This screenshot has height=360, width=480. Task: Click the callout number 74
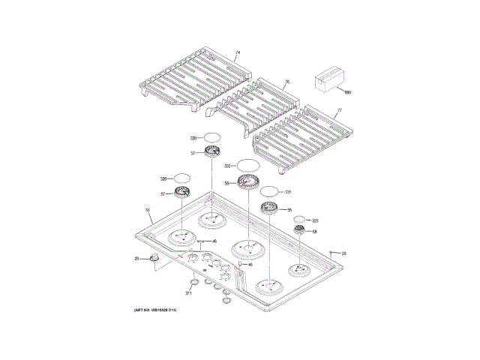pyautogui.click(x=237, y=53)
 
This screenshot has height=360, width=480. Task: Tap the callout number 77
pyautogui.click(x=339, y=110)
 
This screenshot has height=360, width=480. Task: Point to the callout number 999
pyautogui.click(x=347, y=91)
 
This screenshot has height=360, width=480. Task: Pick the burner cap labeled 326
pyautogui.click(x=213, y=138)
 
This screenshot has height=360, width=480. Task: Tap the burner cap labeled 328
pyautogui.click(x=182, y=178)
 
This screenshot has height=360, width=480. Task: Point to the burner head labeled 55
pyautogui.click(x=269, y=209)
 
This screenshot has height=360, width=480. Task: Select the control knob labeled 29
pyautogui.click(x=155, y=258)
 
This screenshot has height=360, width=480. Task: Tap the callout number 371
pyautogui.click(x=189, y=292)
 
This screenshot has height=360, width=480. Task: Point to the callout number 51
pyautogui.click(x=148, y=210)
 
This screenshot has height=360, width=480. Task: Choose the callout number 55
pyautogui.click(x=289, y=211)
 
